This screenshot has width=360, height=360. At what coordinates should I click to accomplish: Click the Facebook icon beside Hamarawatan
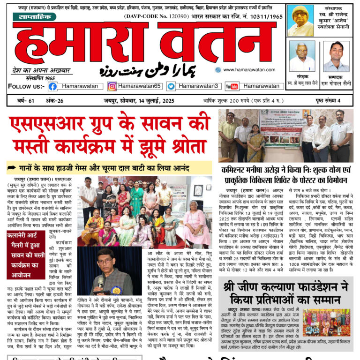point(52,86)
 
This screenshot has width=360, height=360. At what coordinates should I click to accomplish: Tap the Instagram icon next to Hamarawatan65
point(112,86)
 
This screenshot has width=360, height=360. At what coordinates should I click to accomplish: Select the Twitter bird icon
point(171,86)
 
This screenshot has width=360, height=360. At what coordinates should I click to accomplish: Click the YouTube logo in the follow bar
point(232,86)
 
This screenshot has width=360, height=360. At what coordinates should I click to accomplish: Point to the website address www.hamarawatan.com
point(246,69)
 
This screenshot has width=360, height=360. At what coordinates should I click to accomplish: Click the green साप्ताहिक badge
point(34,17)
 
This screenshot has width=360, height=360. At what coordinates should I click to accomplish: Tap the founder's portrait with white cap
point(300,21)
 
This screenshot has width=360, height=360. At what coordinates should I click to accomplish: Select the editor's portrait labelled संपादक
point(336,56)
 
